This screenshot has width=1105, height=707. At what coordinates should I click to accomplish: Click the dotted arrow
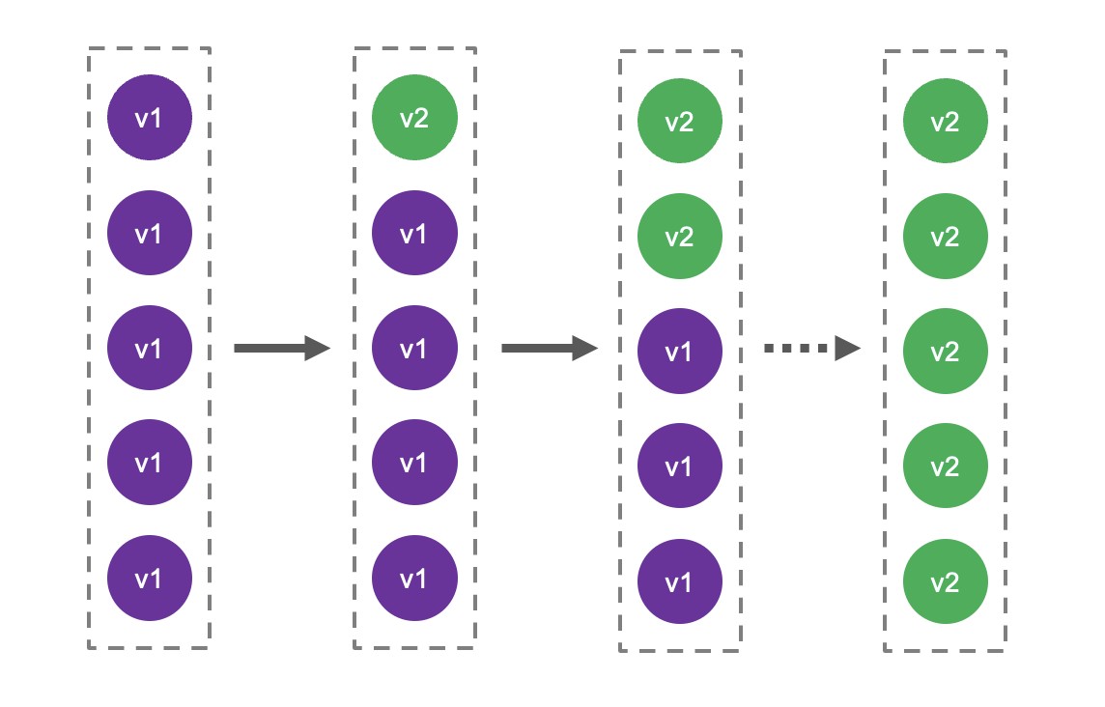click(x=811, y=349)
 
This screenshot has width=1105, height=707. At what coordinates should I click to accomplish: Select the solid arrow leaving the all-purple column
click(x=282, y=348)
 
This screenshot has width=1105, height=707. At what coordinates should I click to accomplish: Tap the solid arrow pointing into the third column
click(x=549, y=348)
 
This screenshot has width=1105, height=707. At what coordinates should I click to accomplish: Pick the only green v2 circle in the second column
click(x=414, y=118)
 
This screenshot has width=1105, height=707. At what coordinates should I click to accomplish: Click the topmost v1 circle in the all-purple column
click(x=149, y=118)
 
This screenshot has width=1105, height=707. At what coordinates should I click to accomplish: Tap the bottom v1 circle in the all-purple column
click(x=149, y=579)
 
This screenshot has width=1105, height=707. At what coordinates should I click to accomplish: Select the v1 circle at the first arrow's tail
click(x=149, y=348)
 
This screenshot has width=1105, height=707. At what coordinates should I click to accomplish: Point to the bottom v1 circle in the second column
click(x=414, y=579)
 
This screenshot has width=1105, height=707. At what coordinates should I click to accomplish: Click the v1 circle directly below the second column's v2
click(x=414, y=233)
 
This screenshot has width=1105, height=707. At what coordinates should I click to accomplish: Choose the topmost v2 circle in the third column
click(x=680, y=122)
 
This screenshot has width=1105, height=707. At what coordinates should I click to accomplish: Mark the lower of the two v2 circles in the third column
click(x=680, y=237)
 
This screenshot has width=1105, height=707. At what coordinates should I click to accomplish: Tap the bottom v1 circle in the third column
click(x=680, y=581)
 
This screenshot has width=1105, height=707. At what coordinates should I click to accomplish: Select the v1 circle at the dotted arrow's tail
click(x=680, y=352)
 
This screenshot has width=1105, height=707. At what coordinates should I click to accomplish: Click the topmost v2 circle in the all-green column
click(x=945, y=122)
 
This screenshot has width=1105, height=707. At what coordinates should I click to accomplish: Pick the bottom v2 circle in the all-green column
click(x=945, y=582)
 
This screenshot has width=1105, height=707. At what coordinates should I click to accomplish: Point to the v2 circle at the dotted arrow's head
click(x=945, y=352)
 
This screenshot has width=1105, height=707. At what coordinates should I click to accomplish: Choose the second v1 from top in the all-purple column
click(x=149, y=233)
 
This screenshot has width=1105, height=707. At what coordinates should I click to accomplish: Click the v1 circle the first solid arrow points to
click(x=414, y=348)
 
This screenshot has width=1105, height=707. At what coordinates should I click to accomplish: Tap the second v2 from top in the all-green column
click(x=945, y=237)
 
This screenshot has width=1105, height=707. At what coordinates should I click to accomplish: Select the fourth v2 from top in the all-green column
click(x=945, y=467)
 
